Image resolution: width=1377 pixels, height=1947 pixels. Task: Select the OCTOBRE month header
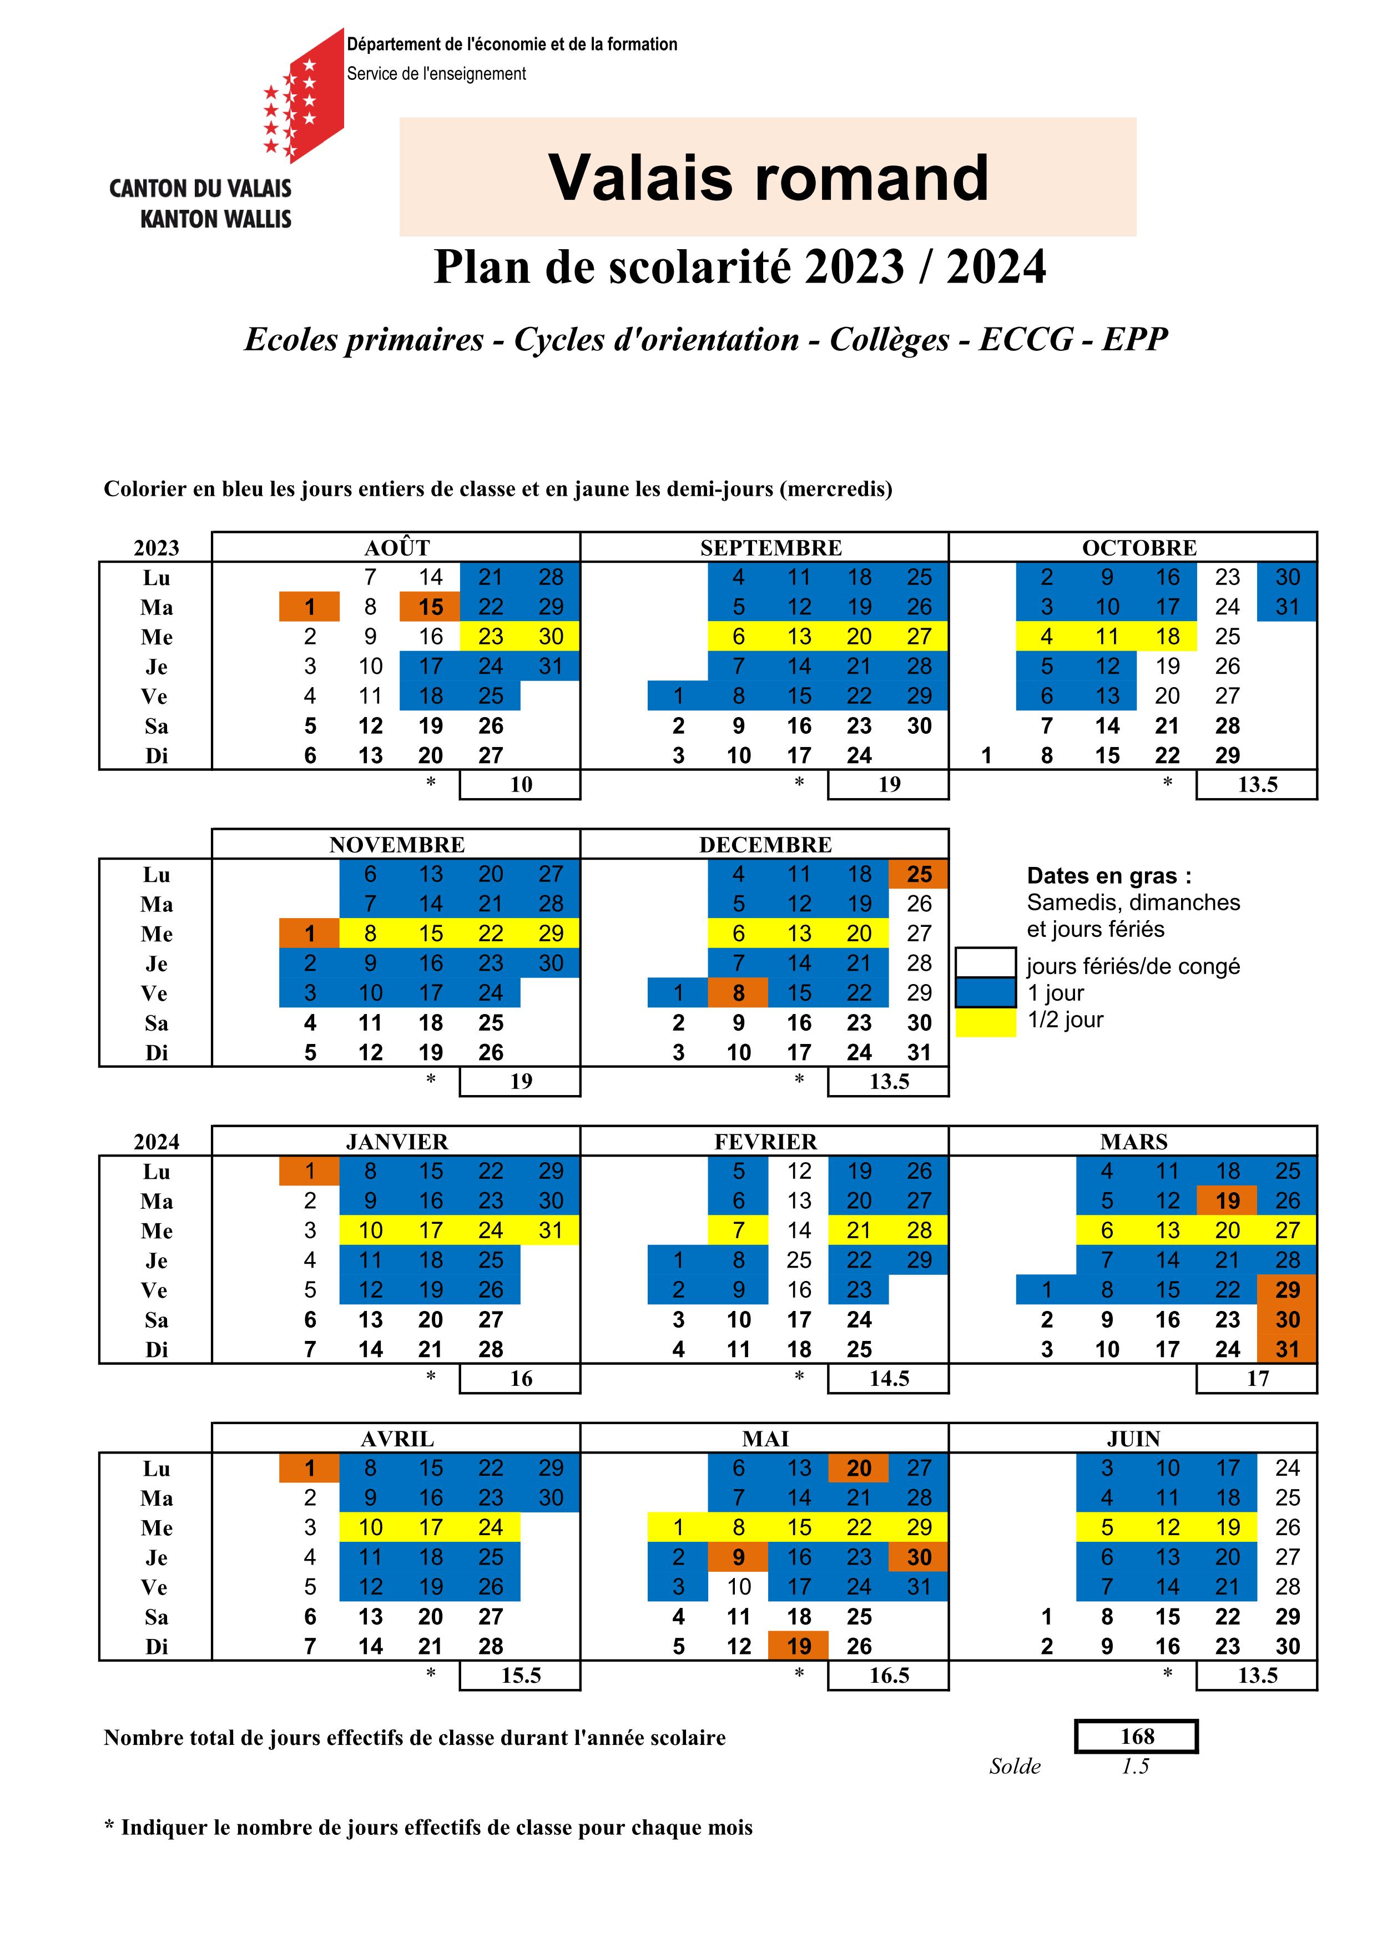[x=1139, y=548]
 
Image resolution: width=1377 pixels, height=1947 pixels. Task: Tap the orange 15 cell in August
[x=431, y=607]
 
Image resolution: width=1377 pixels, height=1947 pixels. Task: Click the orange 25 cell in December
[x=919, y=874]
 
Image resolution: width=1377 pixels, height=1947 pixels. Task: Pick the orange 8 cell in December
[x=739, y=993]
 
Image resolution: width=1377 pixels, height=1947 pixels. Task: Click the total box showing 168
[x=1136, y=1736]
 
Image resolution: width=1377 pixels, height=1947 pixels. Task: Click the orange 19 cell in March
[x=1227, y=1201]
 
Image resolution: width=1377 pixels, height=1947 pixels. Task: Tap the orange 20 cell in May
[x=859, y=1468]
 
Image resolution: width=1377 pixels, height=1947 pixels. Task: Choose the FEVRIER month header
[x=766, y=1142]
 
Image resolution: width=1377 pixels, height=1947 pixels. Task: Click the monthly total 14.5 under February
[x=889, y=1378]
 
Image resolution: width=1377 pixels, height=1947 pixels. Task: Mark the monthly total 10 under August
[x=521, y=784]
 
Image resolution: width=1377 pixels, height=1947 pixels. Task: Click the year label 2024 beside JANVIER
[x=157, y=1142]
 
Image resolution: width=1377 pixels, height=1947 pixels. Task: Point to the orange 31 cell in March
[x=1287, y=1349]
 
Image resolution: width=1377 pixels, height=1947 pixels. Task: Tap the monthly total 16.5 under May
[x=889, y=1675]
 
